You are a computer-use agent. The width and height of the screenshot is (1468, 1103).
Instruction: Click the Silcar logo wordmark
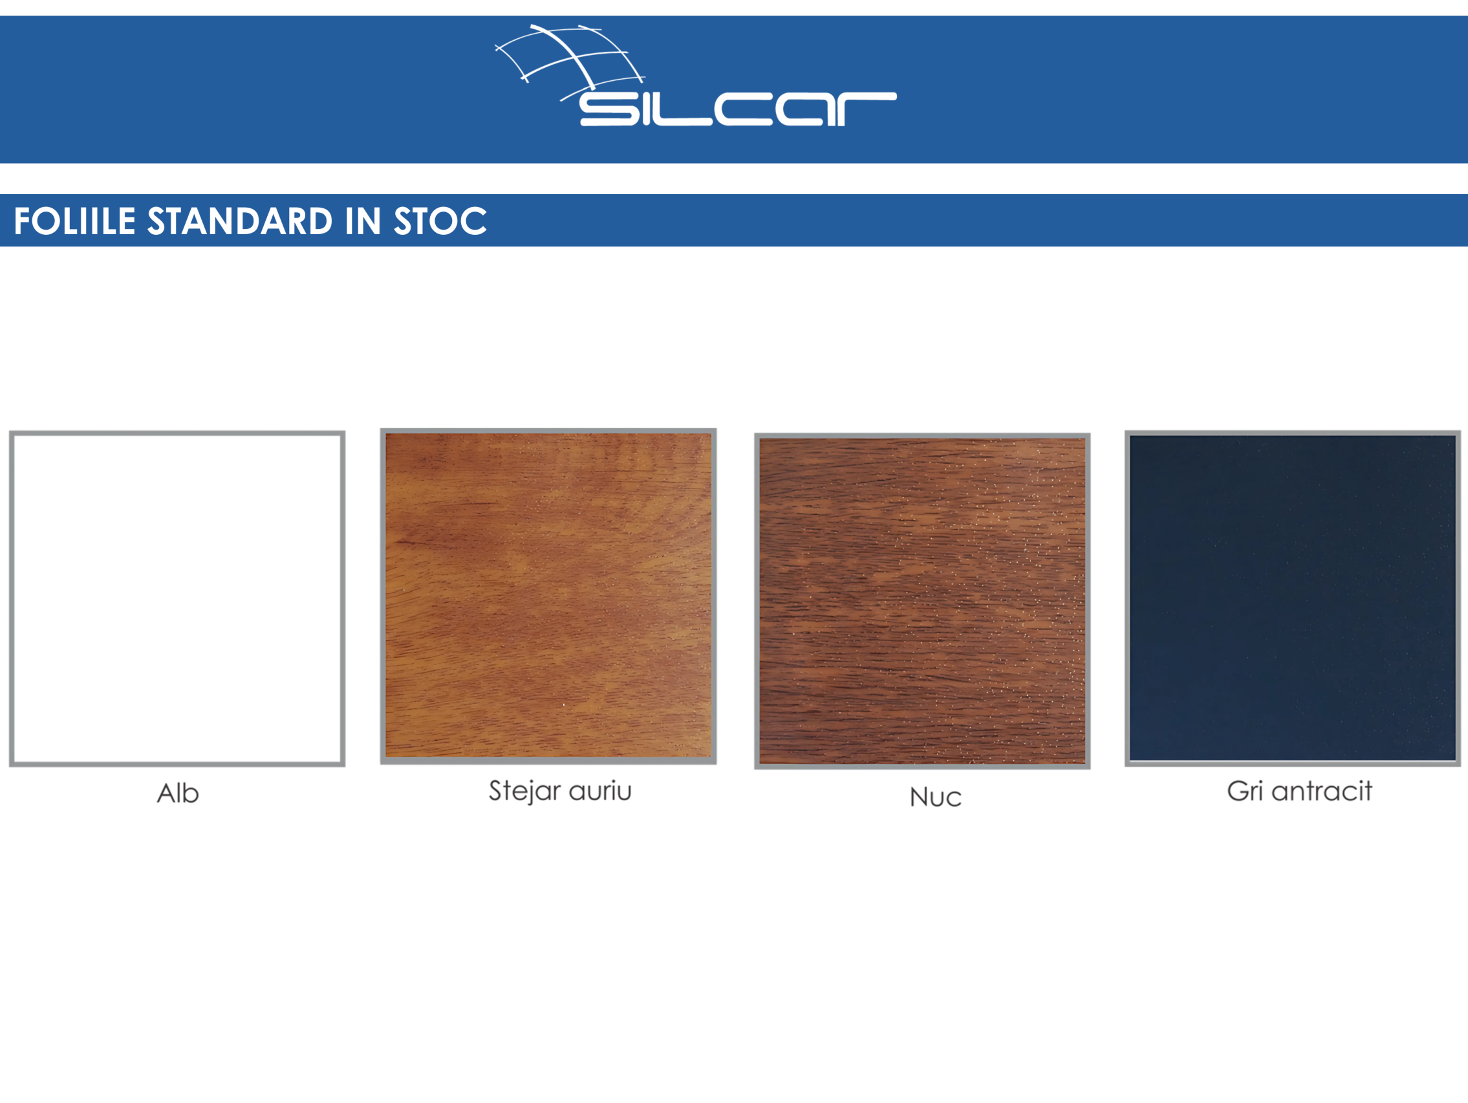[x=738, y=109]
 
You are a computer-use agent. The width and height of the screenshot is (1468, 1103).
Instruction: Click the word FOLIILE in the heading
[x=75, y=221]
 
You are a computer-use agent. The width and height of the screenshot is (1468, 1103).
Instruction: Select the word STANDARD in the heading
[x=239, y=221]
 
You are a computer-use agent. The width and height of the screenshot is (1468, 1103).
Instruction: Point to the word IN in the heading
[x=362, y=221]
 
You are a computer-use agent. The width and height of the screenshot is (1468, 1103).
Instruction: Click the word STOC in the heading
[x=440, y=221]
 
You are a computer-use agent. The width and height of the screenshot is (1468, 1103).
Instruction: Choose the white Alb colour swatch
[x=177, y=599]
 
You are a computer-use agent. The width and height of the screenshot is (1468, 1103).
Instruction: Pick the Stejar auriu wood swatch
[x=548, y=596]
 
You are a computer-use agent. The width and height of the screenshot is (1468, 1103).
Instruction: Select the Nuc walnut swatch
[x=922, y=601]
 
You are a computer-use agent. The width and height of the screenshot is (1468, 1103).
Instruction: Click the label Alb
[x=178, y=793]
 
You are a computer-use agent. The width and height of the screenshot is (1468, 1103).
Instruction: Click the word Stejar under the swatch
[x=525, y=792]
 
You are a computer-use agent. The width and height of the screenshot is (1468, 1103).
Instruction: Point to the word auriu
[x=600, y=791]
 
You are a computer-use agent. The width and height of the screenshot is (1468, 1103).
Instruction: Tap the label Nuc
[x=936, y=797]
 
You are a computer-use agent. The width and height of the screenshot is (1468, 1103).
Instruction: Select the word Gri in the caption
[x=1244, y=791]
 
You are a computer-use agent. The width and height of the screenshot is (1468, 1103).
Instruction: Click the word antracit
[x=1321, y=791]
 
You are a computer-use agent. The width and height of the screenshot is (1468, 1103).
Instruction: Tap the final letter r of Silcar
[x=867, y=109]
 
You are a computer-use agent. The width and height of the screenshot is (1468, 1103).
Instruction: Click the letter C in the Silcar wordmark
[x=743, y=109]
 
